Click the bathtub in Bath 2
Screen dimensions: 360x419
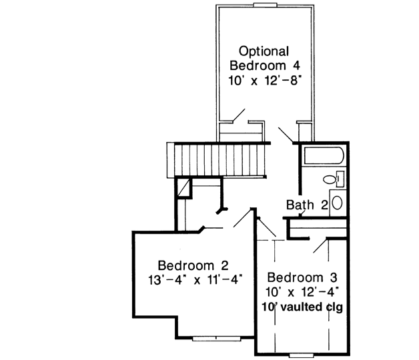point(322,158)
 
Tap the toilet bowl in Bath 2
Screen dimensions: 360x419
point(329,179)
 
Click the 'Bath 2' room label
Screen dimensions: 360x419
point(307,205)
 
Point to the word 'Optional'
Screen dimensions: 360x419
point(264,51)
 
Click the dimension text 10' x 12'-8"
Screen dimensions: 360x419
point(264,80)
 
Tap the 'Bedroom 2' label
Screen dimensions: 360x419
point(189,265)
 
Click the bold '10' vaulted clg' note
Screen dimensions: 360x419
point(304,307)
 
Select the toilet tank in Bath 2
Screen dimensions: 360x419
point(340,178)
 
